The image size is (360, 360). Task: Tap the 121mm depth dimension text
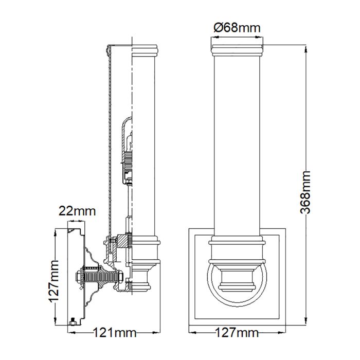click(114, 334)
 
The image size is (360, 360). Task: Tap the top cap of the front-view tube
click(237, 50)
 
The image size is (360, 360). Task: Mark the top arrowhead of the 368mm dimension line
click(307, 48)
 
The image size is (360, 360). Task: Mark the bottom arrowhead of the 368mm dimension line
click(307, 323)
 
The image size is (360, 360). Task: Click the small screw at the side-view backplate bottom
click(73, 322)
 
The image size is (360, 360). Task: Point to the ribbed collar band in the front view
click(237, 240)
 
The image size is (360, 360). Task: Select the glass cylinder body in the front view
click(237, 144)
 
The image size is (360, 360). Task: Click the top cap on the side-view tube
click(145, 50)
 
